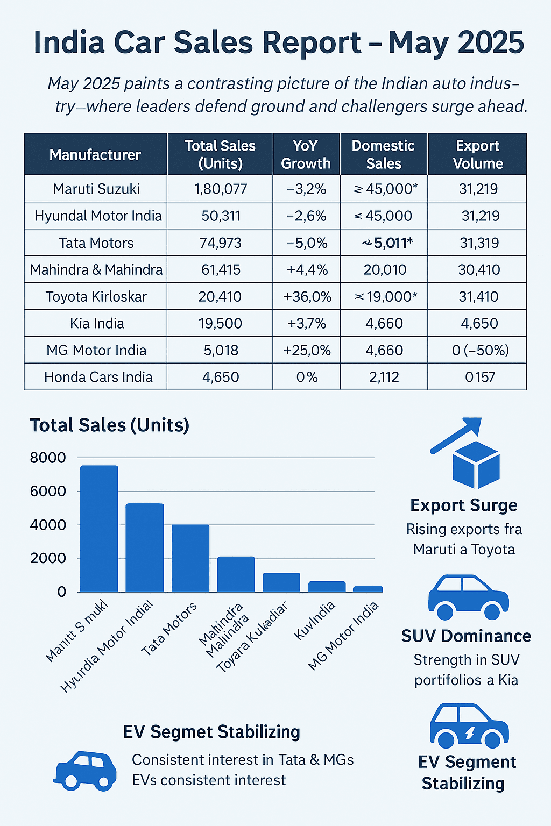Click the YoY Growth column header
(x=306, y=154)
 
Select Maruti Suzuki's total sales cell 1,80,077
(x=220, y=189)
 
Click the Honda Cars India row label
(x=98, y=377)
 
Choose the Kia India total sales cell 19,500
(x=220, y=323)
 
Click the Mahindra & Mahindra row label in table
(x=96, y=269)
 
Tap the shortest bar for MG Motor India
(x=368, y=589)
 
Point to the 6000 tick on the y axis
(x=48, y=491)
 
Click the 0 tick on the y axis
(x=61, y=592)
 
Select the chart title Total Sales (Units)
(x=109, y=425)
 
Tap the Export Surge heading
(x=463, y=505)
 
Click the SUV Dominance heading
(x=466, y=636)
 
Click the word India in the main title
(x=69, y=43)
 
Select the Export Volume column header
(x=478, y=154)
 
